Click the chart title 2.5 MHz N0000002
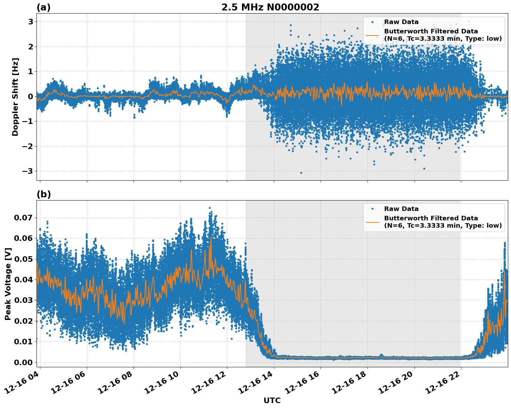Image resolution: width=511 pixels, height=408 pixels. click(x=270, y=7)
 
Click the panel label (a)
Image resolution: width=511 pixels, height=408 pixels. click(x=43, y=7)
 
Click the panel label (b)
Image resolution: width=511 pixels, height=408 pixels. click(x=43, y=194)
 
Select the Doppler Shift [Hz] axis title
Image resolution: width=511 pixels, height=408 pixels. click(x=15, y=97)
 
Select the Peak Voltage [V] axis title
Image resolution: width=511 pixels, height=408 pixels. click(x=8, y=284)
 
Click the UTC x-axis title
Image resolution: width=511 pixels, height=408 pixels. click(x=272, y=400)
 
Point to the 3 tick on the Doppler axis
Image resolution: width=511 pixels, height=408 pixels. click(x=31, y=22)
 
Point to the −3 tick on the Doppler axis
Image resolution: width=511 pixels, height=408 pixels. click(x=28, y=171)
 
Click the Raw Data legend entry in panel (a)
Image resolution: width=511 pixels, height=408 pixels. click(x=401, y=22)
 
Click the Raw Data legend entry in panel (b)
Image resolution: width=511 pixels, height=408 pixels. click(x=401, y=209)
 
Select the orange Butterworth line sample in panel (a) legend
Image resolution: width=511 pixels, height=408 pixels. click(x=372, y=35)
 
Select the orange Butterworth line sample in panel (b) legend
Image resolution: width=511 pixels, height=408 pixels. click(x=372, y=222)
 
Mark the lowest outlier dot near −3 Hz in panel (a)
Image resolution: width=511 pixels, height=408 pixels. click(x=301, y=173)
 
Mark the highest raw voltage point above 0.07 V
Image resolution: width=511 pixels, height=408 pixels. click(x=210, y=208)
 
